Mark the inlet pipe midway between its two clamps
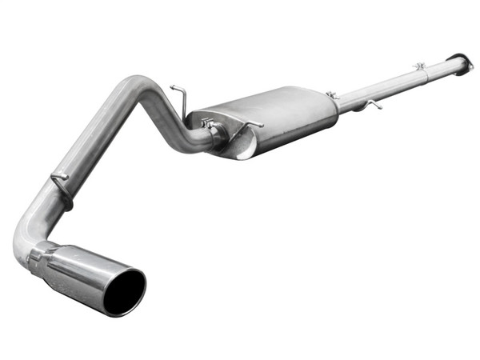[376, 86]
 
